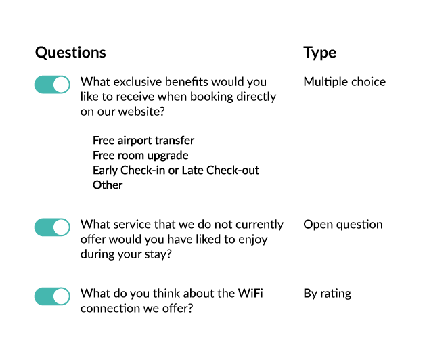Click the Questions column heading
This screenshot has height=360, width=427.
click(x=70, y=52)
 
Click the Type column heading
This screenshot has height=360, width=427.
click(x=319, y=53)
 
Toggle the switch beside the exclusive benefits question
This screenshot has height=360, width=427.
click(x=52, y=85)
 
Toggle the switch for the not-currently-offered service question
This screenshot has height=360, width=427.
click(x=52, y=227)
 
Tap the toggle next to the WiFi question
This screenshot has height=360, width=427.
click(x=52, y=296)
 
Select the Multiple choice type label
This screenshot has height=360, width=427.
click(x=344, y=82)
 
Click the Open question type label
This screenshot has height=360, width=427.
click(x=343, y=225)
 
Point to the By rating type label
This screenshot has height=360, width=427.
click(x=328, y=294)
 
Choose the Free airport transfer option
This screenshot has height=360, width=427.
click(x=143, y=141)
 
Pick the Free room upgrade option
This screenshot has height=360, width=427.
click(x=141, y=156)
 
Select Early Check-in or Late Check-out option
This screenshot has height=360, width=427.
click(x=176, y=171)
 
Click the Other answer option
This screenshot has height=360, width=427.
click(x=108, y=185)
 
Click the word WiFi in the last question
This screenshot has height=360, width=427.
click(x=250, y=293)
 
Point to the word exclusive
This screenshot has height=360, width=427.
click(x=137, y=82)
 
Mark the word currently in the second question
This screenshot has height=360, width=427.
click(x=259, y=225)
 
